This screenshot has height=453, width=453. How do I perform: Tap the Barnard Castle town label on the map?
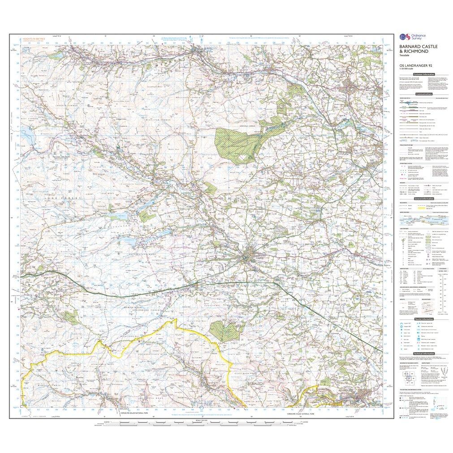254,257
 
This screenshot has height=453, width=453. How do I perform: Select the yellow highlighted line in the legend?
427,207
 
